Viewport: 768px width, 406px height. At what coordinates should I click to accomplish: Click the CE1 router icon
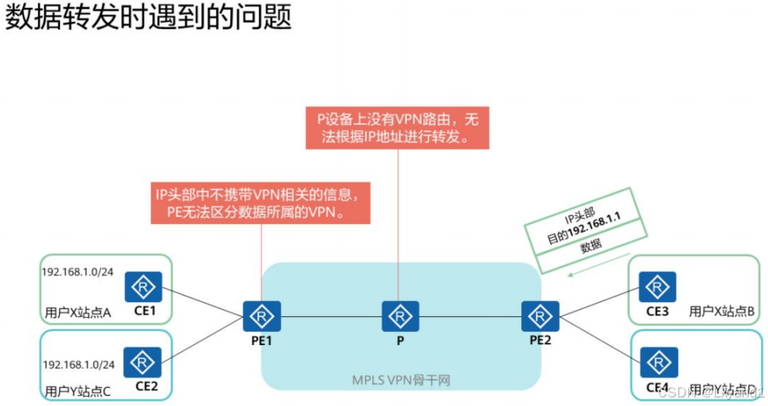click(143, 287)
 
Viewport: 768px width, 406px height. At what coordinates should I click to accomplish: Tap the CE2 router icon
click(143, 361)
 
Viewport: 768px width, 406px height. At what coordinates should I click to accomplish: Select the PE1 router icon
click(257, 316)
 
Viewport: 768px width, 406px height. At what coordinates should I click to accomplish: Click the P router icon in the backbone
click(400, 316)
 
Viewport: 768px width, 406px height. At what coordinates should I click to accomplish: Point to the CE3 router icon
click(657, 287)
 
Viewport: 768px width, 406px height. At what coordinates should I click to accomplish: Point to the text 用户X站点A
click(78, 312)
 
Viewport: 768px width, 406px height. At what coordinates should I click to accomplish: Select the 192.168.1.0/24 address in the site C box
click(77, 365)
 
